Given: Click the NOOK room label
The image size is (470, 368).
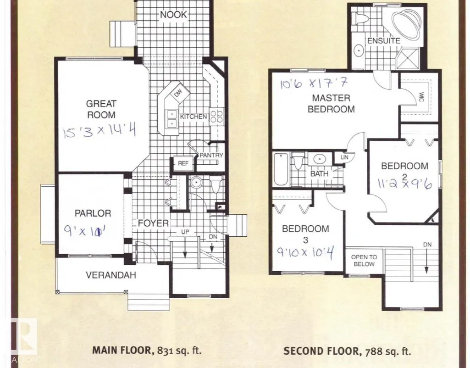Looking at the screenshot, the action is point(173,14).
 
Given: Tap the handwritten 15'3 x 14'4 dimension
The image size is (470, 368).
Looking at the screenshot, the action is point(100,131).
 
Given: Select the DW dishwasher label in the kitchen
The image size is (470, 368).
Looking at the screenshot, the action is point(178,93).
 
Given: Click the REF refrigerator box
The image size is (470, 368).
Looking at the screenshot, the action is point(183,163).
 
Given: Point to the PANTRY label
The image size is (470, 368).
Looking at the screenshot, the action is point(211,155).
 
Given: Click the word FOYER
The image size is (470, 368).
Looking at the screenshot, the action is point(153,223).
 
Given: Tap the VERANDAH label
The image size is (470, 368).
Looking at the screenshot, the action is point(111,275).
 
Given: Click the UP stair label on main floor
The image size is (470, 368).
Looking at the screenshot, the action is point(185,232).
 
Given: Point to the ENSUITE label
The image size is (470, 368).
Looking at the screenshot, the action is point(384,41).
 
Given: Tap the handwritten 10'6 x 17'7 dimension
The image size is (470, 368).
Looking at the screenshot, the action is point(314,83).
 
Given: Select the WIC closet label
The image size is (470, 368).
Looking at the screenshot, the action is point(420,96).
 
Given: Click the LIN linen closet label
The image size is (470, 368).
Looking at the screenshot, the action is point(344,157).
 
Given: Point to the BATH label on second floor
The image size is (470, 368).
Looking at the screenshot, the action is point(319,173).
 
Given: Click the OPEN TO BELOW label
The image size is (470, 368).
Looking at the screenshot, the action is point(364,261).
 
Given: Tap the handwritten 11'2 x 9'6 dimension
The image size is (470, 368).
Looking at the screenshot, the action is point(404,183).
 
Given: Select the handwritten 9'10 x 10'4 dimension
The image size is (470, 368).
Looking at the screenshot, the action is point(305,252).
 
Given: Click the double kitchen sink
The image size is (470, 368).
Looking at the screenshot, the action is point(171,119).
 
